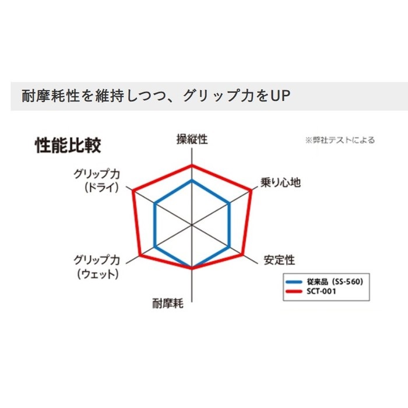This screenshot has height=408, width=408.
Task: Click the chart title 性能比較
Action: click(x=68, y=145)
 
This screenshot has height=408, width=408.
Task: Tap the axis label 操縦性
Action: click(x=192, y=139)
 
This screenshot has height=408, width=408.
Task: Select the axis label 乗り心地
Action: click(x=280, y=182)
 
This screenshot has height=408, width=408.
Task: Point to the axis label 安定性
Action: click(x=279, y=260)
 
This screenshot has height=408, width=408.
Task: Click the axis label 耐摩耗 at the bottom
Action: click(x=168, y=304)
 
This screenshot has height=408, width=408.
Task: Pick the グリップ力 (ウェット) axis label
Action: click(x=97, y=267)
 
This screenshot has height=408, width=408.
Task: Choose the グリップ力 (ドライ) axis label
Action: click(x=97, y=181)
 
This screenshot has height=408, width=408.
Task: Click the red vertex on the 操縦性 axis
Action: click(x=192, y=165)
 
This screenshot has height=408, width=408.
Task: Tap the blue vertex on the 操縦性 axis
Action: click(x=192, y=180)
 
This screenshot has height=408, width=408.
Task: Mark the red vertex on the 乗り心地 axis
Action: click(x=251, y=190)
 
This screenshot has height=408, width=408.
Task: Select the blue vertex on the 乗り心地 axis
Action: click(x=229, y=203)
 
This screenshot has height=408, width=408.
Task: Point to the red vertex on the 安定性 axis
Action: click(x=243, y=255)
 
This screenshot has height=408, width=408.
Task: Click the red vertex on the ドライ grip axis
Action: click(x=133, y=191)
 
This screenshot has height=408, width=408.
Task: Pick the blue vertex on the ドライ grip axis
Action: click(x=155, y=203)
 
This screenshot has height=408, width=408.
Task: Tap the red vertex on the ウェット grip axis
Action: click(x=139, y=255)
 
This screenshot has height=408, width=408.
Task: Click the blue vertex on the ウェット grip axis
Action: click(x=155, y=246)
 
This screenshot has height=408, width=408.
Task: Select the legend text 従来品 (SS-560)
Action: click(x=335, y=282)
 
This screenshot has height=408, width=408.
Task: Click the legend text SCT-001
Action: click(x=321, y=291)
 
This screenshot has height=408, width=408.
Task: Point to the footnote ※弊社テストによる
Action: click(x=340, y=140)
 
